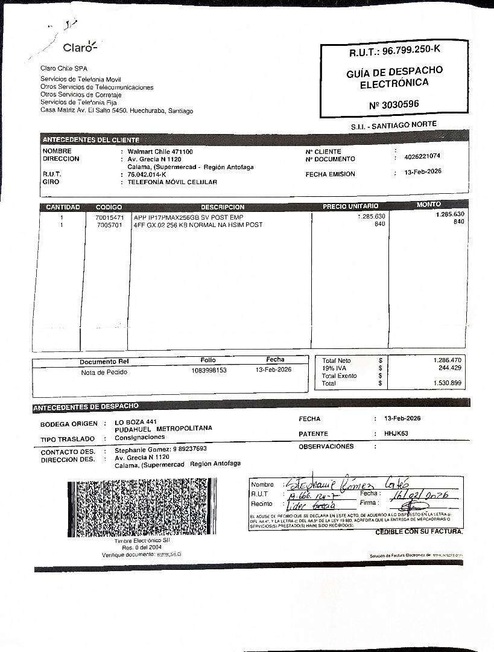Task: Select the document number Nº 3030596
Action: tap(394, 104)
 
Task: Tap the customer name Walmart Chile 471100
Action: tap(160, 152)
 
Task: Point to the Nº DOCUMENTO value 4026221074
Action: tap(422, 156)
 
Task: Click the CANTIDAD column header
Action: tap(63, 207)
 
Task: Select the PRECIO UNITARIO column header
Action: tap(350, 206)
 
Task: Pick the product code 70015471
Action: tap(109, 217)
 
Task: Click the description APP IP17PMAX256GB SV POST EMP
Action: tap(188, 217)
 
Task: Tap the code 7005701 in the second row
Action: tap(109, 225)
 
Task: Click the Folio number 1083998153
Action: tap(209, 370)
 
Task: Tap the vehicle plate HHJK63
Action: tap(396, 433)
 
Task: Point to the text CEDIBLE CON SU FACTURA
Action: tap(419, 532)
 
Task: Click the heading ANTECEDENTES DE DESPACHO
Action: tap(86, 407)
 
